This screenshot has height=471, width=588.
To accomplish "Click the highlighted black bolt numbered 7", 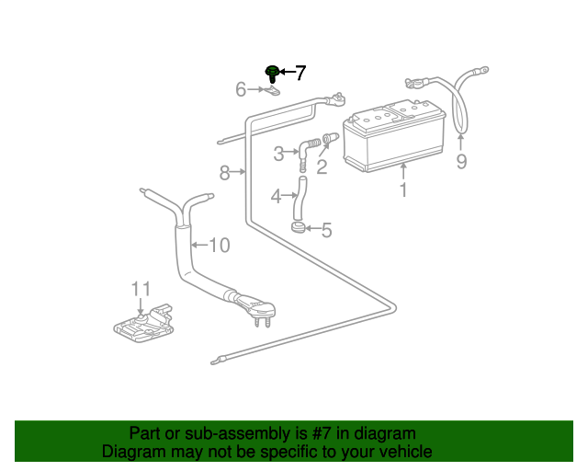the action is pyautogui.click(x=272, y=75).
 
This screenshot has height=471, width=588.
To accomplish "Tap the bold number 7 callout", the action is pyautogui.click(x=300, y=73).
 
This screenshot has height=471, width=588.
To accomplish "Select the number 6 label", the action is pyautogui.click(x=241, y=89).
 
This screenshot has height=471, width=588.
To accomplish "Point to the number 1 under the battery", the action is pyautogui.click(x=403, y=190).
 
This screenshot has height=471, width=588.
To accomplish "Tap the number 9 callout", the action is pyautogui.click(x=461, y=162).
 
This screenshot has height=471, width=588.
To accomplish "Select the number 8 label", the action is pyautogui.click(x=224, y=173).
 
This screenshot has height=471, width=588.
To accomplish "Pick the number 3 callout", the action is pyautogui.click(x=278, y=154).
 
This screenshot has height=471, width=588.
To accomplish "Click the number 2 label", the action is pyautogui.click(x=322, y=167).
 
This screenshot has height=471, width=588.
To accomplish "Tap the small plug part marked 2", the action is pyautogui.click(x=331, y=137).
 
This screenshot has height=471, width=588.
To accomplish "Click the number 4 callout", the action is pyautogui.click(x=276, y=197).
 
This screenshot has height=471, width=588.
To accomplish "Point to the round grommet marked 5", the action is pyautogui.click(x=299, y=227).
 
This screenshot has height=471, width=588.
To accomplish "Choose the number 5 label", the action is pyautogui.click(x=327, y=230).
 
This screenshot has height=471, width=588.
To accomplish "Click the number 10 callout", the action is pyautogui.click(x=220, y=246).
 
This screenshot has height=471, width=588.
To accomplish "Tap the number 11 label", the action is pyautogui.click(x=141, y=289).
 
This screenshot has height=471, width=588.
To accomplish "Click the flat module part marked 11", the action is pyautogui.click(x=143, y=324).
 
